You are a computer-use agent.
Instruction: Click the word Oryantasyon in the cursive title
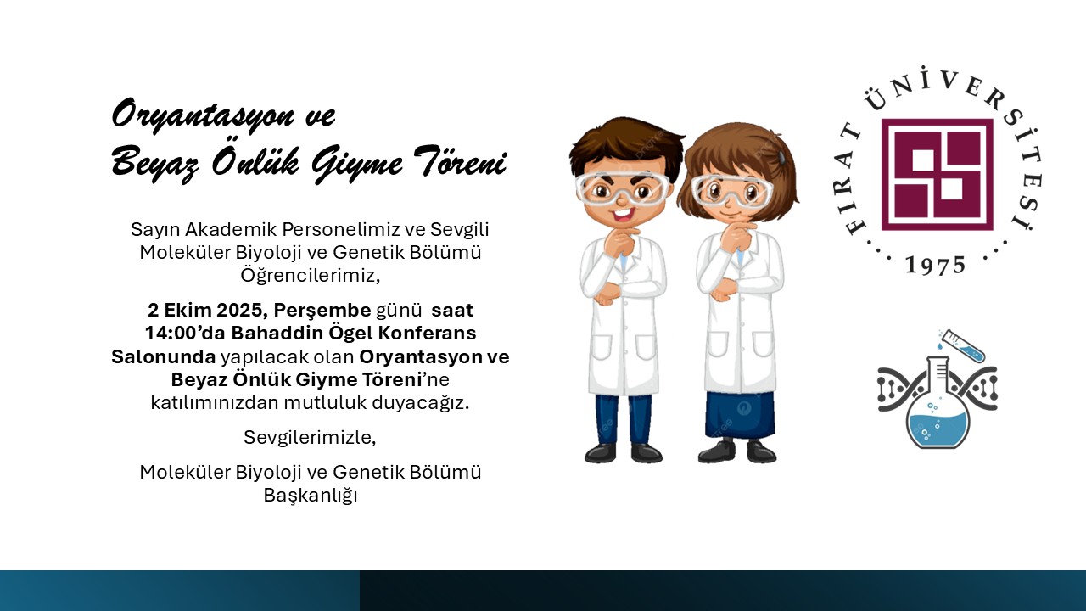[x=203, y=115]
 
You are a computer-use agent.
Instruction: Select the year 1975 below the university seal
[x=936, y=266]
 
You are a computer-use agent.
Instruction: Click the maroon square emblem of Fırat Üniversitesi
[x=938, y=175]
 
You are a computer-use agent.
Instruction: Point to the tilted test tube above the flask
[x=963, y=345]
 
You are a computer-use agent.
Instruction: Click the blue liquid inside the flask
[x=938, y=430]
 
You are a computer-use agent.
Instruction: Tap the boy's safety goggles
[x=622, y=189]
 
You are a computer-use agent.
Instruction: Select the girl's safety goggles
[x=731, y=191]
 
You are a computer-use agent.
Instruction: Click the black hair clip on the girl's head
[x=781, y=156]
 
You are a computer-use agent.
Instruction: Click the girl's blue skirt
[x=740, y=416]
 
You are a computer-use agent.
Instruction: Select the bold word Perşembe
[x=322, y=311]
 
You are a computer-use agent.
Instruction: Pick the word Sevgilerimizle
[x=310, y=438]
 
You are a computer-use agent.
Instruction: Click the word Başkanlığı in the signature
[x=311, y=496]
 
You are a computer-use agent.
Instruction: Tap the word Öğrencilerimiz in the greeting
[x=310, y=276]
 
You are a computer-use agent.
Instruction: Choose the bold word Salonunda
[x=164, y=357]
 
